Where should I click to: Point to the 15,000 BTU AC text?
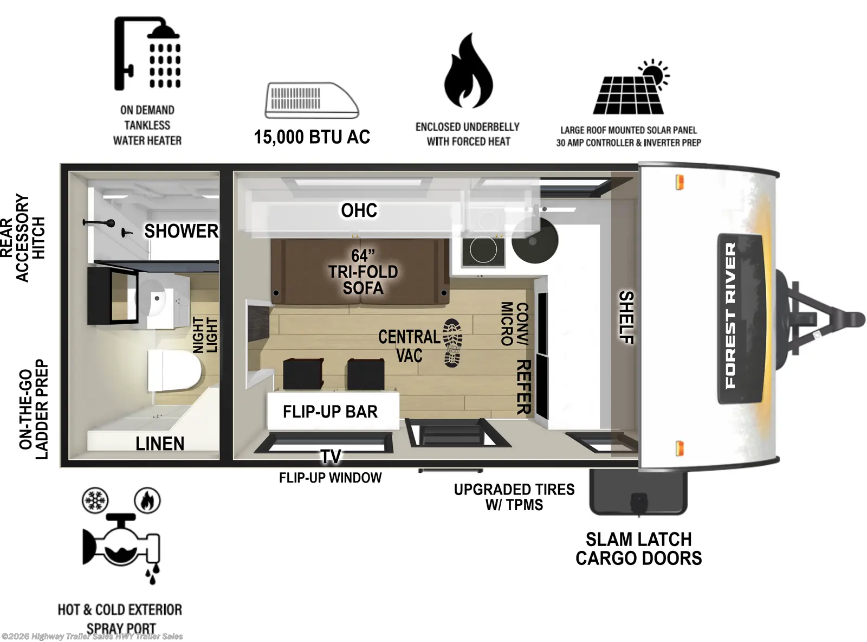(312, 137)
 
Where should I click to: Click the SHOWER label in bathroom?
(181, 232)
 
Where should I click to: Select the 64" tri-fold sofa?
(360, 272)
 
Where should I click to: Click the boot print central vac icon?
(452, 343)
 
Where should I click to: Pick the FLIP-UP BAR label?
(330, 412)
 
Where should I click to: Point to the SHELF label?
(626, 317)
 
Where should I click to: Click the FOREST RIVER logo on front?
(730, 316)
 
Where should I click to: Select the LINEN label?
(160, 444)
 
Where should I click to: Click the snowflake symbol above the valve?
(95, 500)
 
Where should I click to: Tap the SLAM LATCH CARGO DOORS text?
(638, 549)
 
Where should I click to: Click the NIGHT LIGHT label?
(205, 335)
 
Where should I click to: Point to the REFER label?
(523, 387)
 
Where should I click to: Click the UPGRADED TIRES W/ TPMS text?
(514, 497)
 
